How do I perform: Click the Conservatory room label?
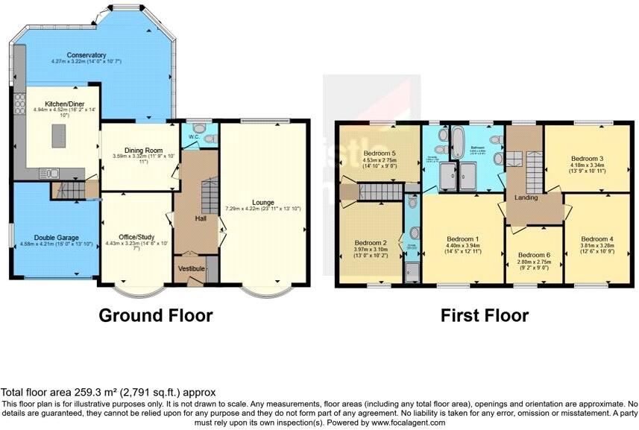pos(85,55)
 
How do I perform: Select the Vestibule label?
pos(192,268)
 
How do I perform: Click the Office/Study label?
pos(133,235)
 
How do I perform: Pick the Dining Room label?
pos(137,149)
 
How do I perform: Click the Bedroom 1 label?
pos(462,239)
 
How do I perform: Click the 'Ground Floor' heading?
pos(156,315)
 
